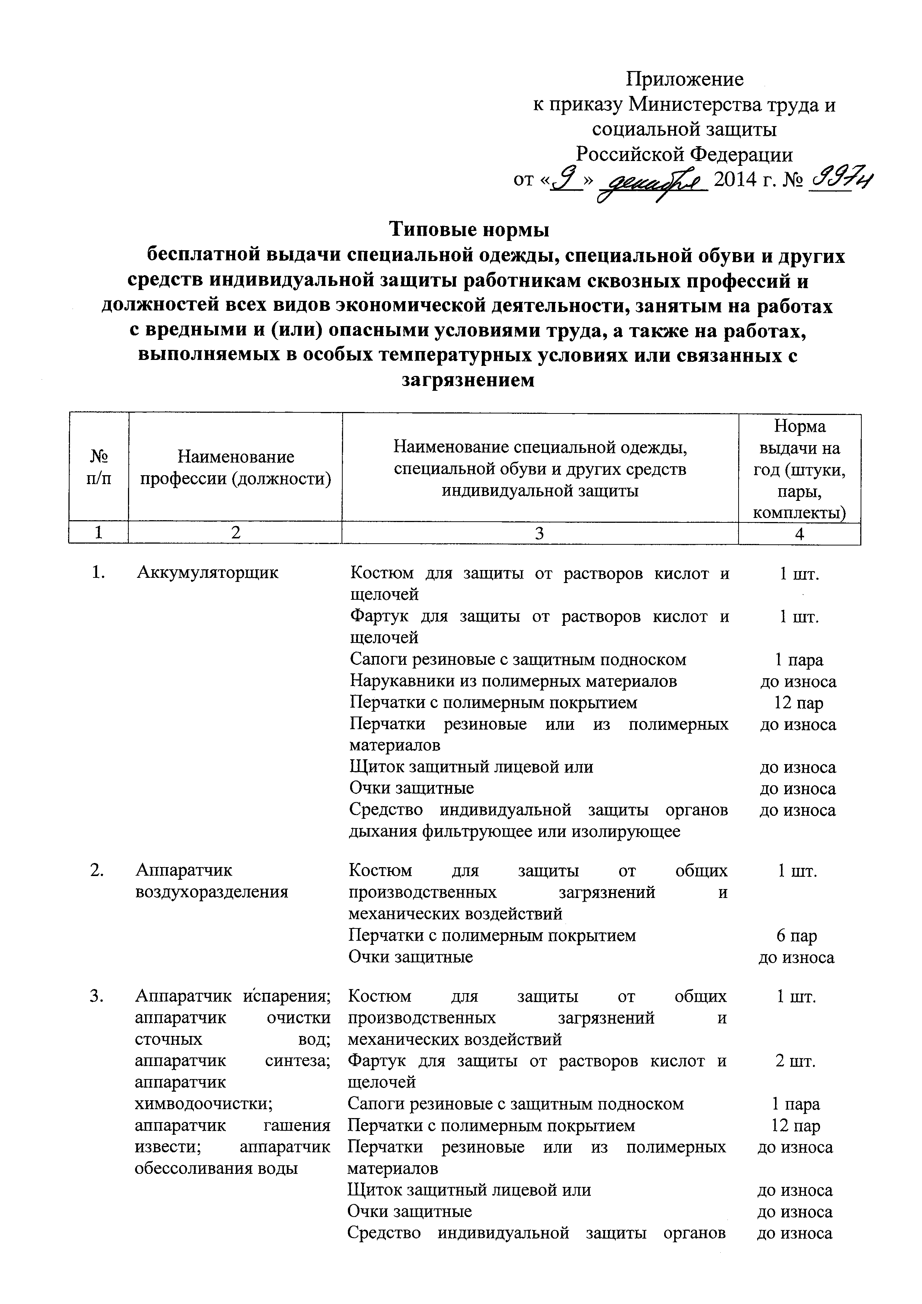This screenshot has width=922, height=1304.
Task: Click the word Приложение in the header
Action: click(x=684, y=79)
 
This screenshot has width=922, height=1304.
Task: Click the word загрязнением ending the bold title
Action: click(x=468, y=380)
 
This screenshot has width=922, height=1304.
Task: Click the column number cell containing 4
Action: click(x=799, y=533)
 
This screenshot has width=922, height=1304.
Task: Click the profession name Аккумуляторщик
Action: click(x=208, y=573)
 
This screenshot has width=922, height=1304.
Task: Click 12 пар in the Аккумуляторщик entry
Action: click(x=798, y=703)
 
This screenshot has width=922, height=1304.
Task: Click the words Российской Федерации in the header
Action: click(x=684, y=154)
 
